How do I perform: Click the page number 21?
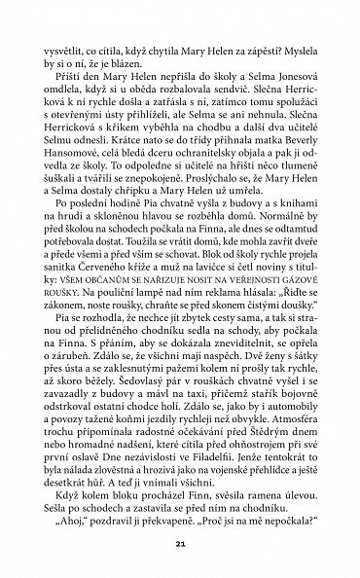[180, 541]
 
